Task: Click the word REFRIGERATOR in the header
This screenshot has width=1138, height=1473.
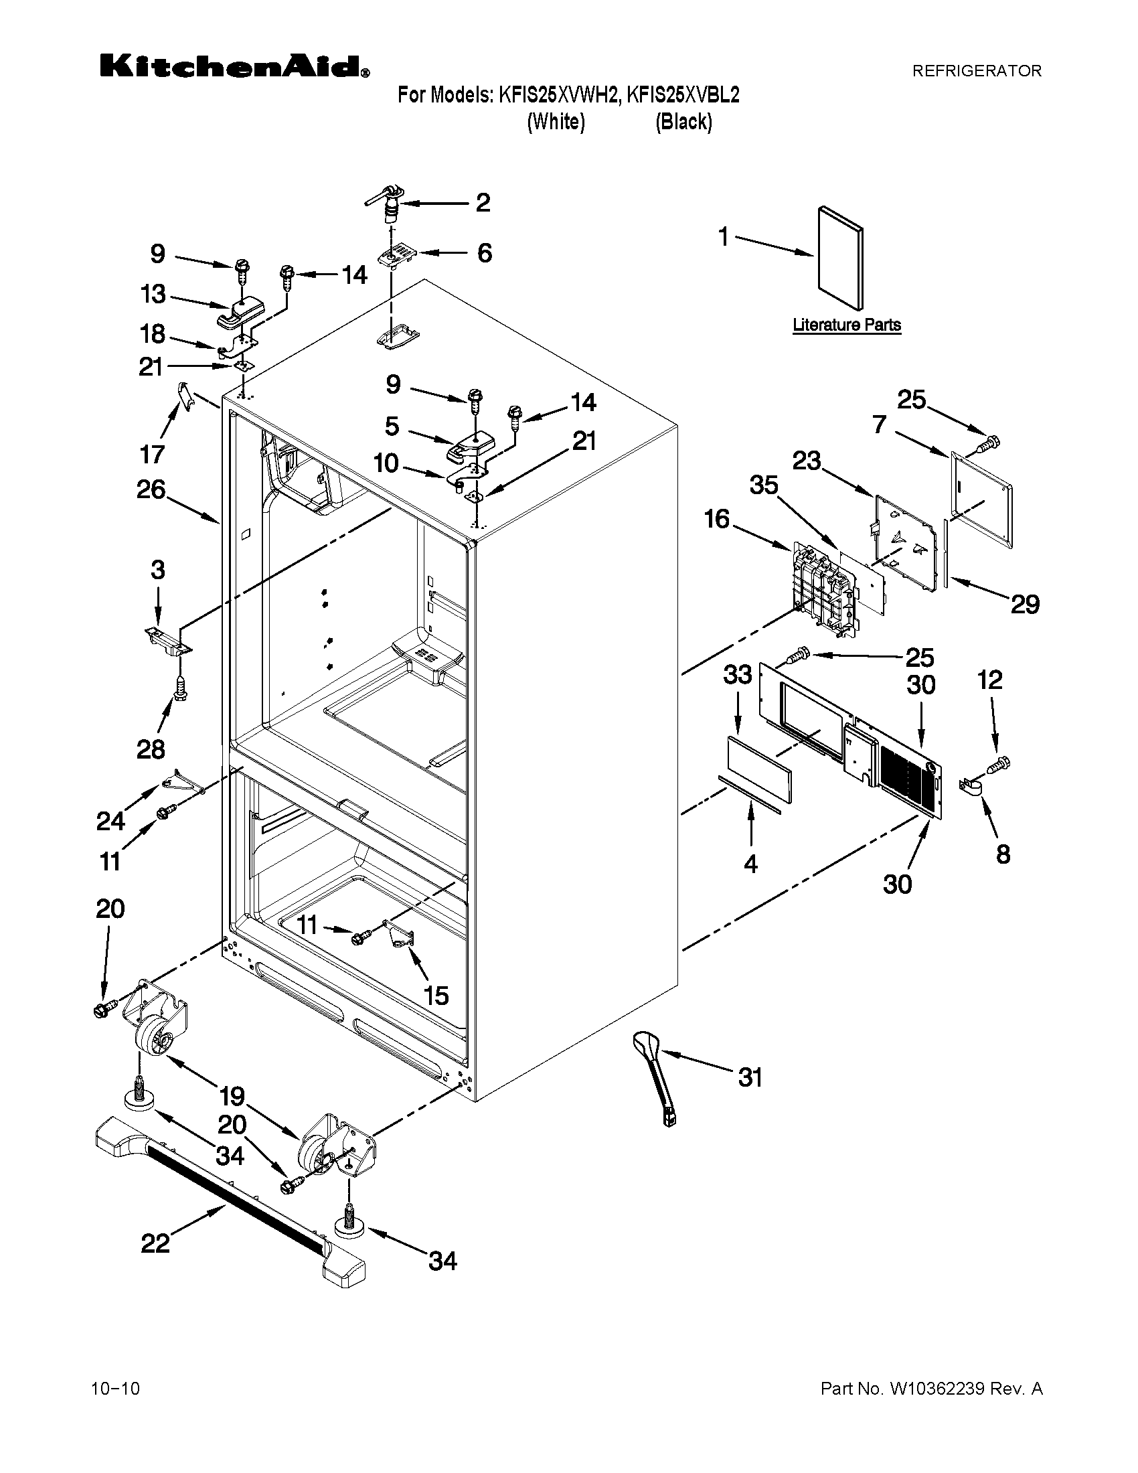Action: pos(976,70)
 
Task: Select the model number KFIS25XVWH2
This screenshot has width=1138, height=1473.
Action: pos(558,95)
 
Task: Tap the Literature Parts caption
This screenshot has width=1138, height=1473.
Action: pos(847,325)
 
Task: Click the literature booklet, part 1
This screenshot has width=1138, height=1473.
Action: pos(839,258)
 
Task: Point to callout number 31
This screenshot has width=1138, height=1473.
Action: pos(750,1077)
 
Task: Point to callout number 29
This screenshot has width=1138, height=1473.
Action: pos(1025,604)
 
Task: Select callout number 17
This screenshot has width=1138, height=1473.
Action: pos(153,454)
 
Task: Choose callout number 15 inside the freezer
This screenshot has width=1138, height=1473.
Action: pos(436,995)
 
